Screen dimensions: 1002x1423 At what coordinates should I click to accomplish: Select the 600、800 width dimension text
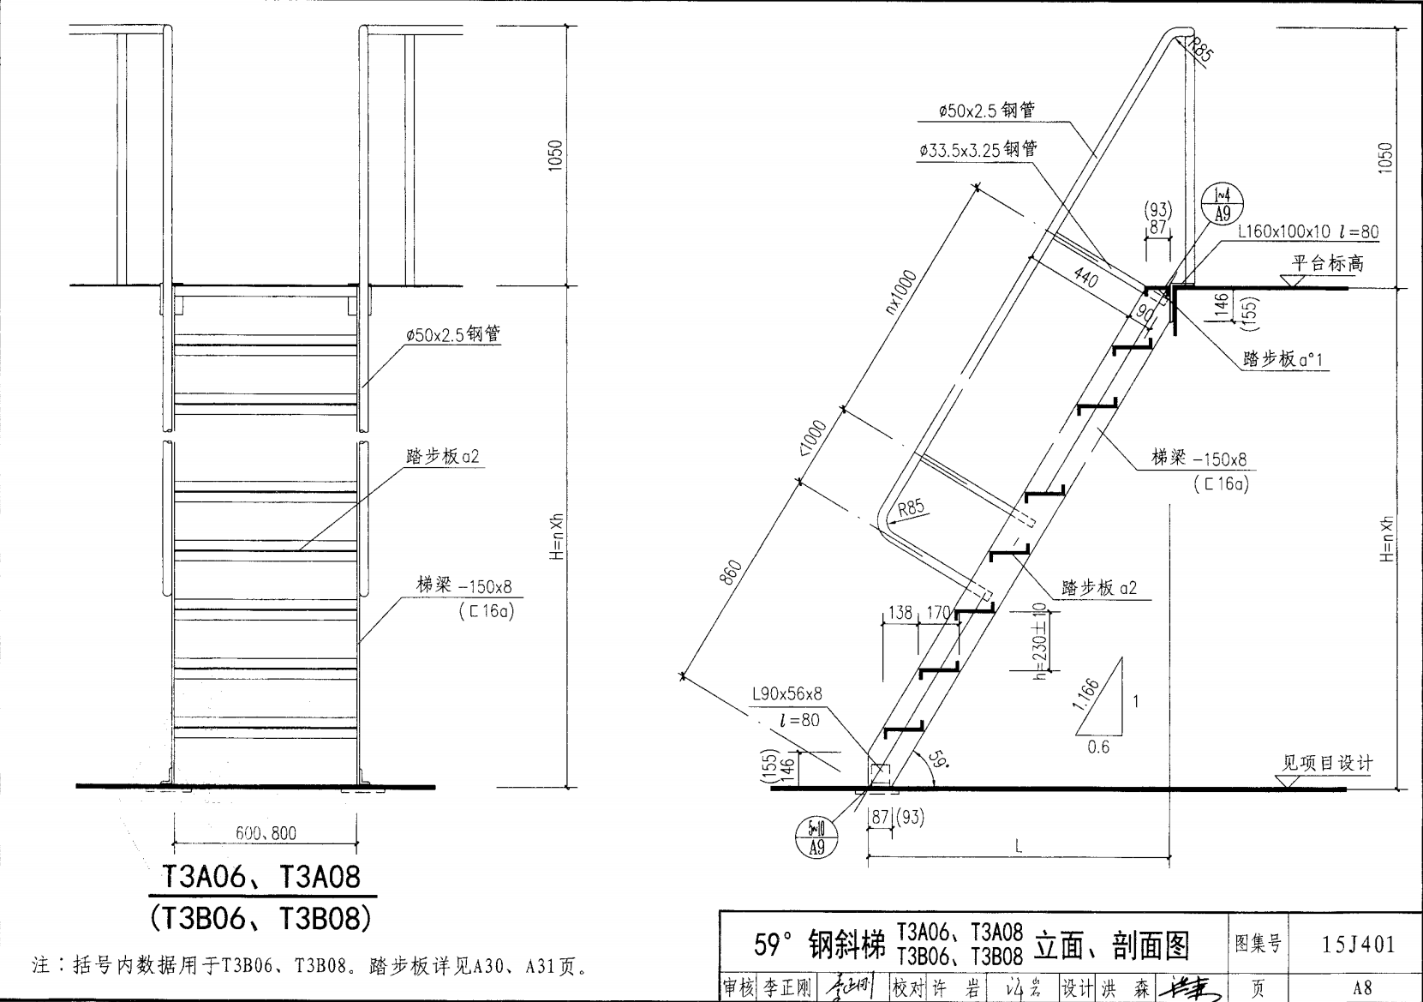pyautogui.click(x=266, y=832)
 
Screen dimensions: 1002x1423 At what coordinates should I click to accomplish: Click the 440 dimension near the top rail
pyautogui.click(x=1085, y=276)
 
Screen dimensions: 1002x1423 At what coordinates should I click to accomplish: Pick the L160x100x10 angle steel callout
pyautogui.click(x=1308, y=231)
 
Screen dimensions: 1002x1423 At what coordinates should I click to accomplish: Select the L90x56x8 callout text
pyautogui.click(x=786, y=693)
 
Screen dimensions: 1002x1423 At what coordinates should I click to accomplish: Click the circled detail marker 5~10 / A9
pyautogui.click(x=816, y=837)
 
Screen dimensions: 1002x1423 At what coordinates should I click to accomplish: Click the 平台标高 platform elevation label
pyautogui.click(x=1328, y=263)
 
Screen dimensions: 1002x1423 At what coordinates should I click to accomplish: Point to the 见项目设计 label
pyautogui.click(x=1327, y=763)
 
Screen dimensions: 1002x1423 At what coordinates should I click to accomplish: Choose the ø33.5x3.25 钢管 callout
pyautogui.click(x=978, y=149)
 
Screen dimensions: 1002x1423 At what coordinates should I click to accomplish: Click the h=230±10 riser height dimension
pyautogui.click(x=1040, y=640)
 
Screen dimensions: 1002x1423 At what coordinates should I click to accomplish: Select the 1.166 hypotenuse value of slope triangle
pyautogui.click(x=1085, y=695)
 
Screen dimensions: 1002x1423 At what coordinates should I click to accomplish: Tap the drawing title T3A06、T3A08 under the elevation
pyautogui.click(x=262, y=877)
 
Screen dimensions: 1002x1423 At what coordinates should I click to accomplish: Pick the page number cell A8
pyautogui.click(x=1362, y=987)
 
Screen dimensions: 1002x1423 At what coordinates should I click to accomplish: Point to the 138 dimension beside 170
pyautogui.click(x=900, y=612)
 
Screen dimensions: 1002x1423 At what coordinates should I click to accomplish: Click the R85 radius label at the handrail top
pyautogui.click(x=1202, y=51)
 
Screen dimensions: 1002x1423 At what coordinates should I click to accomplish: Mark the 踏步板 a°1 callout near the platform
pyautogui.click(x=1282, y=359)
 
